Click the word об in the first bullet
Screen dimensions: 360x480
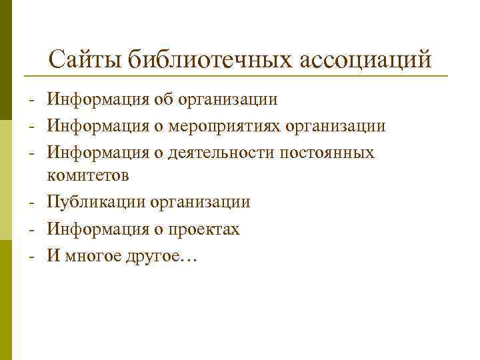163,100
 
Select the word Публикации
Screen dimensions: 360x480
97,202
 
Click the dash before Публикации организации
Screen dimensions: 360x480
31,203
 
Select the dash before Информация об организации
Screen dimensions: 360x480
31,101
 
